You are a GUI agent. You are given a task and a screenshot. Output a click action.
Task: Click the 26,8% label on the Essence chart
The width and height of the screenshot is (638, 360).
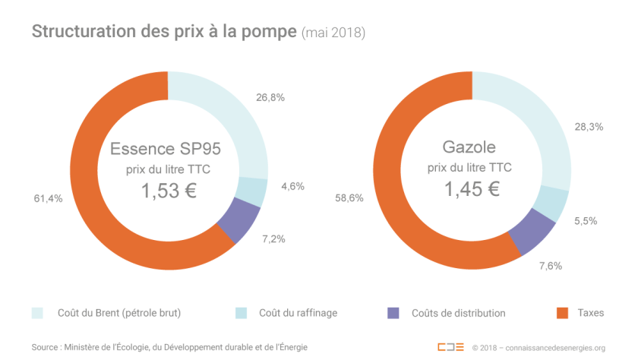270,98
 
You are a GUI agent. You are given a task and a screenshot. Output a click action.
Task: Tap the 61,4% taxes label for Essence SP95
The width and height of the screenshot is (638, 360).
49,198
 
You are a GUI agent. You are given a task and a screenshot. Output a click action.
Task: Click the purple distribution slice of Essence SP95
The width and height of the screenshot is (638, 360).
238,222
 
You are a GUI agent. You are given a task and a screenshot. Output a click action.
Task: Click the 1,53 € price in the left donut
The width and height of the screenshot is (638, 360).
169,191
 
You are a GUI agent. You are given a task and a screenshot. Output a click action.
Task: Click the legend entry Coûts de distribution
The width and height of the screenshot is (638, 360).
457,313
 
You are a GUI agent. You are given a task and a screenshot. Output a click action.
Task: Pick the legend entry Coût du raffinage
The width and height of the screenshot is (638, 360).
296,313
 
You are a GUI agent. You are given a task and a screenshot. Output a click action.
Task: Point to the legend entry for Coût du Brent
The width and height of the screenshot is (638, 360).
118,313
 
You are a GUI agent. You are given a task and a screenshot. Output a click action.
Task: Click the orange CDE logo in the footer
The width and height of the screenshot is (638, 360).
450,347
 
